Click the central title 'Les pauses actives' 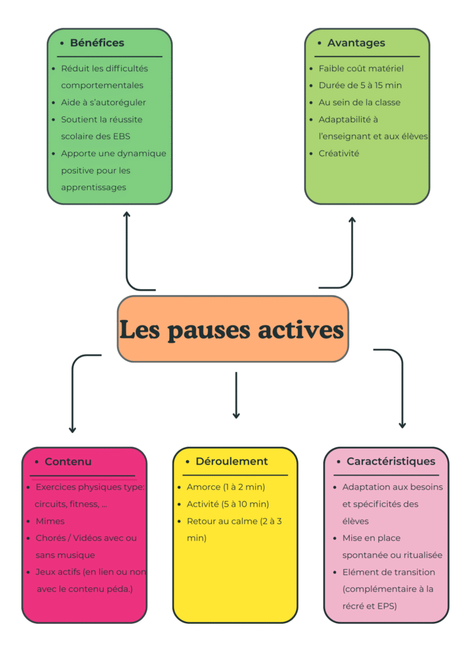pos(232,330)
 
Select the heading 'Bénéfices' pos(97,43)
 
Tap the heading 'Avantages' pos(356,43)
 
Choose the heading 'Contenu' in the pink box pos(68,461)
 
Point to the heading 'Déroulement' pos(231,461)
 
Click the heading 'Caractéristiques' pos(391,461)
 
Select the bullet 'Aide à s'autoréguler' pos(104,102)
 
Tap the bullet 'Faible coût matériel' pos(360,68)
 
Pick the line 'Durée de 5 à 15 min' pos(360,85)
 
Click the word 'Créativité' pos(339,153)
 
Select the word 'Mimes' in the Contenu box pos(50,521)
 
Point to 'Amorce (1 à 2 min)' pos(226,487)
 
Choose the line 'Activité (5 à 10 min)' pos(228,504)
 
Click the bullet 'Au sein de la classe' pos(359,102)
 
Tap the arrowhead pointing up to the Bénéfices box pos(127,215)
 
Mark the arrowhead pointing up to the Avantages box pos(352,220)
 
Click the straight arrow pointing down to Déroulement pos(236,395)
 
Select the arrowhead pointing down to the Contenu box pos(72,429)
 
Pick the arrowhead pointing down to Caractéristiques pos(402,424)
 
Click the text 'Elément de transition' pos(389,572)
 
